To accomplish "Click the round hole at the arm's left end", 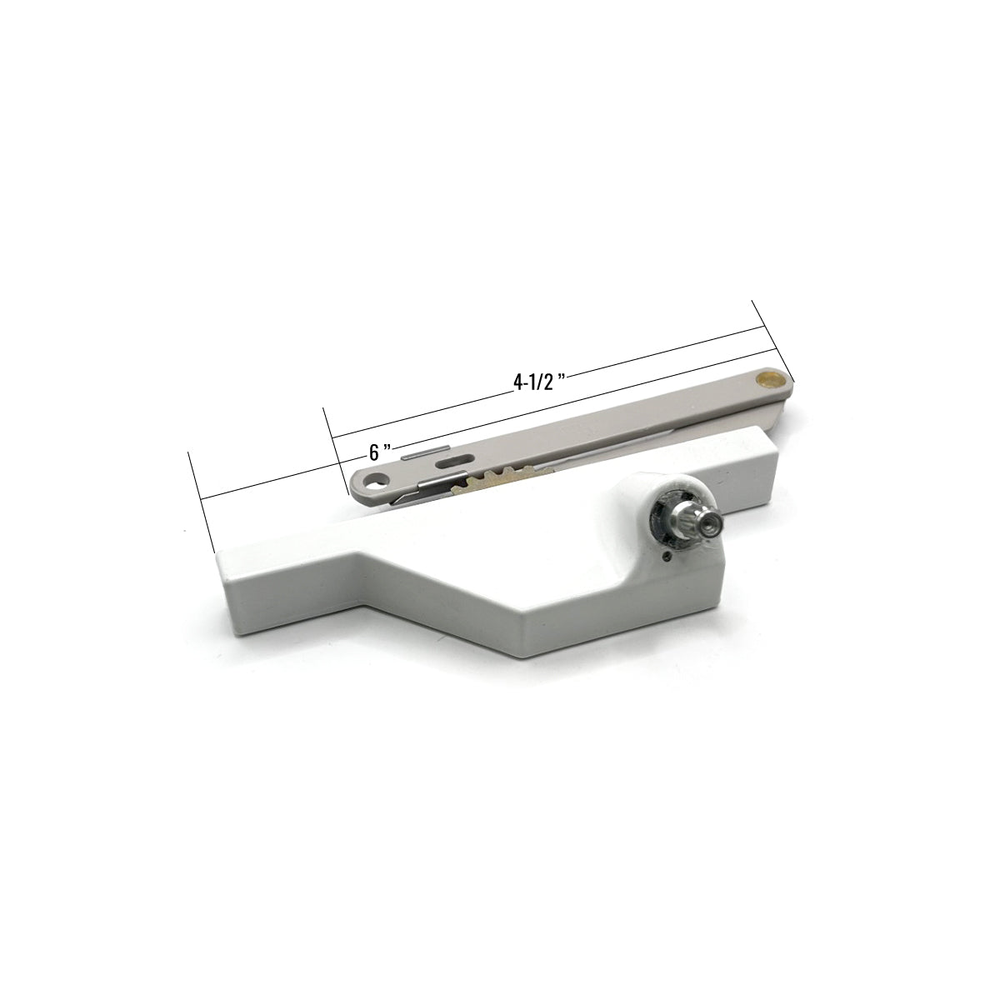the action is [372, 482].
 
